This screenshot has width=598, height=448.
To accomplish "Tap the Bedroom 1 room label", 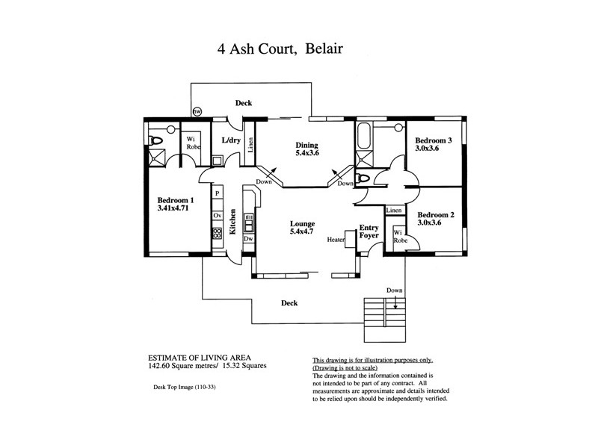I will (x=176, y=205).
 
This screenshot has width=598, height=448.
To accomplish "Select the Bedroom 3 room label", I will (x=434, y=144).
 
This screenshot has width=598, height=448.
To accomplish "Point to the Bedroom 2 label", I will (x=435, y=217).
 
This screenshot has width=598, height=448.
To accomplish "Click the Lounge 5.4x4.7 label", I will (x=303, y=228).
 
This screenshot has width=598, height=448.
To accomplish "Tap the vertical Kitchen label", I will (x=232, y=222).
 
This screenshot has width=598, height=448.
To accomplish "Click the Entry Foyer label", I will (x=369, y=231).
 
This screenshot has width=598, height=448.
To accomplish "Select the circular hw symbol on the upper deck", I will (x=197, y=112).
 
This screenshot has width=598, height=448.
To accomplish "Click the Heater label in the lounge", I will (x=335, y=240).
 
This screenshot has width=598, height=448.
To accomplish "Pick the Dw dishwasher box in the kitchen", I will (x=248, y=239).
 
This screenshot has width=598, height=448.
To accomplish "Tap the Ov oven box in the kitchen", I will (x=217, y=215).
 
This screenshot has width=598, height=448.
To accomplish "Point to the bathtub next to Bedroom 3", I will (x=365, y=137).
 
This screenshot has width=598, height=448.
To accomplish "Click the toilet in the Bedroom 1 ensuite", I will (x=156, y=140).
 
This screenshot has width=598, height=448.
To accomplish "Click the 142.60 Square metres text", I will (x=170, y=367).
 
